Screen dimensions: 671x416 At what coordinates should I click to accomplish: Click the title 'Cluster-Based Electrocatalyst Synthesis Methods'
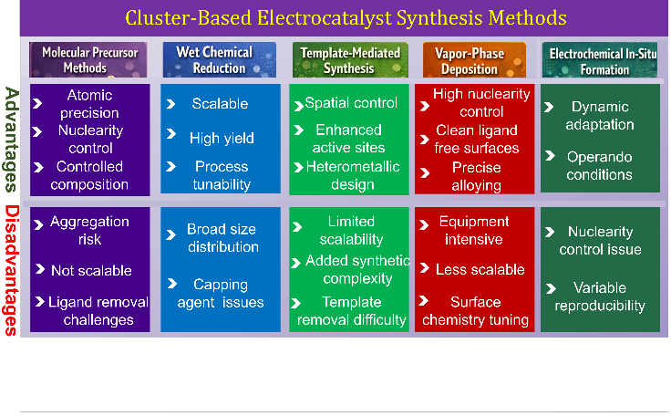click(x=346, y=18)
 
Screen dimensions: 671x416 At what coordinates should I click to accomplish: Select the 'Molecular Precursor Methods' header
click(x=88, y=59)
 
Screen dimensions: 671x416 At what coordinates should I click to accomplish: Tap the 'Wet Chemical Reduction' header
click(x=219, y=59)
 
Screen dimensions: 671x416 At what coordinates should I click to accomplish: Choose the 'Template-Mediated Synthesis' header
click(x=350, y=59)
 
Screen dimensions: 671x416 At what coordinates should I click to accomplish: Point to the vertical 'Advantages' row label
click(x=12, y=140)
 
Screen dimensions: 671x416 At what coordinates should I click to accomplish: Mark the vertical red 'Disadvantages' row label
click(x=12, y=270)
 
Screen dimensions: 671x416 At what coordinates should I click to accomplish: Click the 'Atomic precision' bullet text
click(x=89, y=104)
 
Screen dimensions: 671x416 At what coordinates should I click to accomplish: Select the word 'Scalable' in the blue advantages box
click(x=220, y=104)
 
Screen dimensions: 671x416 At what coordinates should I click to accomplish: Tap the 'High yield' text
click(x=222, y=138)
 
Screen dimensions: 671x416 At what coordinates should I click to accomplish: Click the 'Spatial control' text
click(x=351, y=103)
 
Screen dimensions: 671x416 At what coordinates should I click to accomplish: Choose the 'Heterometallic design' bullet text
click(x=353, y=175)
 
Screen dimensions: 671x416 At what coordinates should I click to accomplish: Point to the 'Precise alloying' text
click(x=476, y=176)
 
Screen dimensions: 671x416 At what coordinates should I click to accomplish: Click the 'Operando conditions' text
click(x=599, y=165)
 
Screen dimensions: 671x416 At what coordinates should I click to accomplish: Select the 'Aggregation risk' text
click(x=89, y=230)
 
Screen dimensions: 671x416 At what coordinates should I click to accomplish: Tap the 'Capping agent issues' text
click(x=221, y=293)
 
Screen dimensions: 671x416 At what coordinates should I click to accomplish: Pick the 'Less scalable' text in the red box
click(x=480, y=269)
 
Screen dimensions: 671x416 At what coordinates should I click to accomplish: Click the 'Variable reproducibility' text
click(x=600, y=296)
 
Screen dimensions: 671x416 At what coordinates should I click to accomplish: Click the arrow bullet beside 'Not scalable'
click(x=40, y=269)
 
